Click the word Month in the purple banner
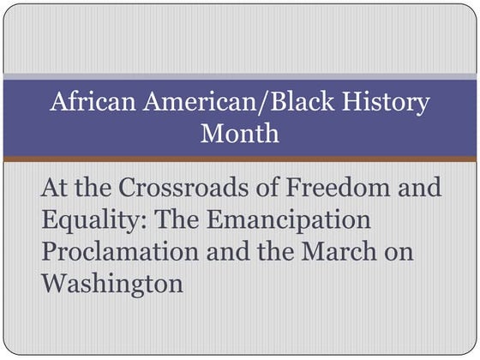pos(239,133)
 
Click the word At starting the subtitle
pos(54,188)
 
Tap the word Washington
pos(111,283)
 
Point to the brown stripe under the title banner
pos(240,159)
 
